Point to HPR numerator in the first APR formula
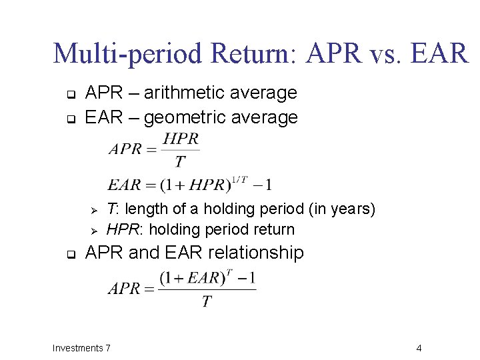tap(181, 139)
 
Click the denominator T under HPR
tap(180, 161)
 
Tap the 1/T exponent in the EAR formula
tap(239, 178)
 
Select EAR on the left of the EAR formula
tap(123, 185)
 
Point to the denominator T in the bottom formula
tap(207, 302)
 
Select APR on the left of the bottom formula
tap(124, 289)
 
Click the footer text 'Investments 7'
tap(81, 348)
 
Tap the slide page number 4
tap(418, 348)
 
